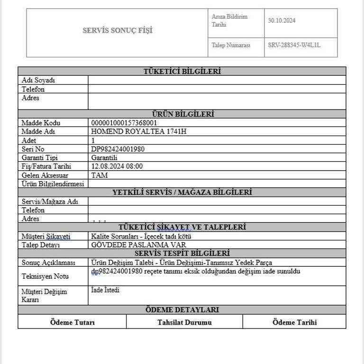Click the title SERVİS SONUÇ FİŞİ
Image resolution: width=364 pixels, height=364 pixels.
pyautogui.click(x=118, y=31)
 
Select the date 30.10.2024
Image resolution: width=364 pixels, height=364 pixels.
pyautogui.click(x=282, y=20)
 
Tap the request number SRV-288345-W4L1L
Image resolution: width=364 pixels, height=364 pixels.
pyautogui.click(x=294, y=45)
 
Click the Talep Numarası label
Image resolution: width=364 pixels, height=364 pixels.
pyautogui.click(x=231, y=45)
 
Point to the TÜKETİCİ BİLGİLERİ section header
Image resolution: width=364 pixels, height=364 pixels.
pyautogui.click(x=182, y=72)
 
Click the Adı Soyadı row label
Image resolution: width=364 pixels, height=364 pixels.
pyautogui.click(x=38, y=80)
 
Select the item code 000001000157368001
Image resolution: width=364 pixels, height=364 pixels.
pyautogui.click(x=124, y=123)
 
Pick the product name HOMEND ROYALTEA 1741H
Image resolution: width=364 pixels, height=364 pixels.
pyautogui.click(x=138, y=131)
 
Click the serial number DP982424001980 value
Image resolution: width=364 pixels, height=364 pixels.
pyautogui.click(x=118, y=149)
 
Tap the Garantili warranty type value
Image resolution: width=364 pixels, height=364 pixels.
pyautogui.click(x=104, y=157)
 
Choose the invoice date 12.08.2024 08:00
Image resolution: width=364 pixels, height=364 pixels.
pyautogui.click(x=117, y=166)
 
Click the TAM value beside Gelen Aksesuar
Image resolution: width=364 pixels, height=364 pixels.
pyautogui.click(x=100, y=175)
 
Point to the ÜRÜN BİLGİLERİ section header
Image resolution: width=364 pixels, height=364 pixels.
pyautogui.click(x=182, y=114)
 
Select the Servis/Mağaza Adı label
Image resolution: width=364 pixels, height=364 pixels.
pyautogui.click(x=50, y=201)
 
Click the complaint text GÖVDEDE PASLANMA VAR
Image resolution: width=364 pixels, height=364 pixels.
pyautogui.click(x=138, y=245)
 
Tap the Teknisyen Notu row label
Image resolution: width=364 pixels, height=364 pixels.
pyautogui.click(x=45, y=276)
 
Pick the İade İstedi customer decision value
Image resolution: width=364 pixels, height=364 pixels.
pyautogui.click(x=105, y=290)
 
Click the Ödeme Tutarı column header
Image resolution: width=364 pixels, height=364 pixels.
pyautogui.click(x=73, y=322)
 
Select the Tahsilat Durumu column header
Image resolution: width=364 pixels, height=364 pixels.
pyautogui.click(x=184, y=322)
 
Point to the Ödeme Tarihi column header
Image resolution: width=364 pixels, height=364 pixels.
pyautogui.click(x=294, y=322)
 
